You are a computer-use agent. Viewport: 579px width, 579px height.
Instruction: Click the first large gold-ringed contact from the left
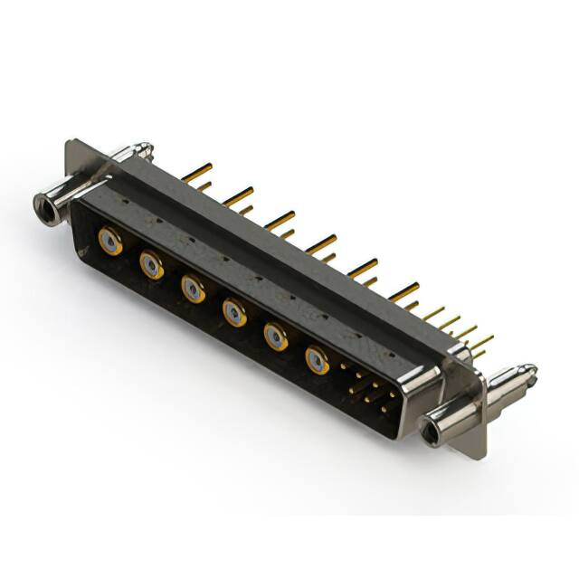[x=110, y=242]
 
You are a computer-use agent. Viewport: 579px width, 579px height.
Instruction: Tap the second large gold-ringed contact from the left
[x=151, y=265]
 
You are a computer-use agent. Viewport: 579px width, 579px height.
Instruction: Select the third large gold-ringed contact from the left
[x=193, y=289]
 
